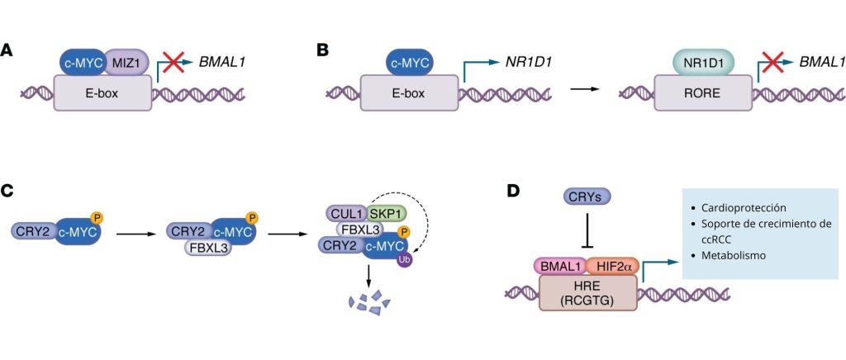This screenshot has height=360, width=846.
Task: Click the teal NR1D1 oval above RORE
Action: point(702,61)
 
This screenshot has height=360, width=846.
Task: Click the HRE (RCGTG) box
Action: point(588,293)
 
